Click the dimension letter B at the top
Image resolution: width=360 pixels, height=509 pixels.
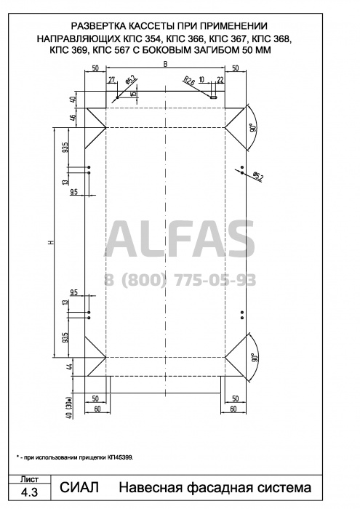[165, 64]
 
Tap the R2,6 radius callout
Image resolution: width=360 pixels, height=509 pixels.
[188, 81]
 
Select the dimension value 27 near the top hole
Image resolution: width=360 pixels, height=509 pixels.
[112, 80]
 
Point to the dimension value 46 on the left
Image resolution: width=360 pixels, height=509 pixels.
[73, 118]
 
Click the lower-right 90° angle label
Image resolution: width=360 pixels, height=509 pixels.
[254, 358]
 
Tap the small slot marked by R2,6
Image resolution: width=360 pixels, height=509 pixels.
[213, 97]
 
